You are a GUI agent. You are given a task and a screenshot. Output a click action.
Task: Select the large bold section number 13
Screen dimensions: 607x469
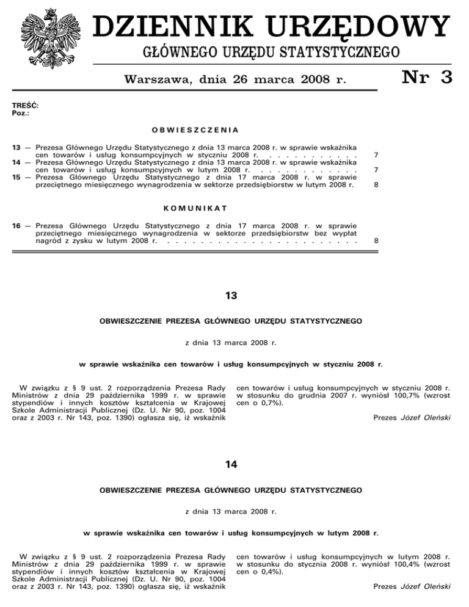tap(231, 296)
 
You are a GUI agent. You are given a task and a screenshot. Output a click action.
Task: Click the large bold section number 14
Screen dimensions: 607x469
tap(231, 465)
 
